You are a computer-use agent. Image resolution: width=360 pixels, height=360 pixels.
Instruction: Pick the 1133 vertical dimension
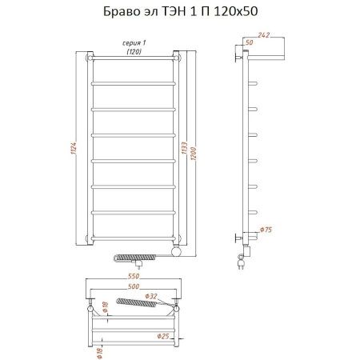[186, 148]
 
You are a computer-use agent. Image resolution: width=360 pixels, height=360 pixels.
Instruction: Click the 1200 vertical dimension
[194, 148]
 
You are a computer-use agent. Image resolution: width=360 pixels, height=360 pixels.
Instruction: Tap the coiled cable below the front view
[131, 258]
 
